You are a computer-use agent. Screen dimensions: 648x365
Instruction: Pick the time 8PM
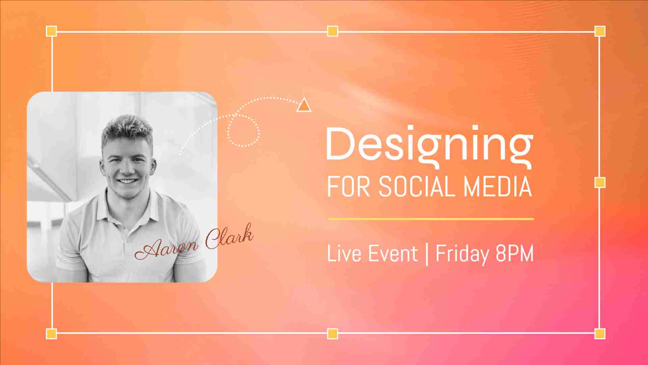click(x=515, y=253)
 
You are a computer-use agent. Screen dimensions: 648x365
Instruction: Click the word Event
click(x=393, y=253)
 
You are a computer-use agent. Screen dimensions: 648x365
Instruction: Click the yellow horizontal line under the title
click(x=431, y=219)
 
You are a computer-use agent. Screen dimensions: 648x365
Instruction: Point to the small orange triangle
click(x=304, y=105)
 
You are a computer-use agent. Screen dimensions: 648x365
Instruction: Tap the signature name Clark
click(x=230, y=237)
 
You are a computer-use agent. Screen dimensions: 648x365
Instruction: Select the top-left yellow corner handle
click(x=51, y=31)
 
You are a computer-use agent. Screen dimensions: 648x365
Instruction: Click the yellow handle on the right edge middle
click(x=600, y=182)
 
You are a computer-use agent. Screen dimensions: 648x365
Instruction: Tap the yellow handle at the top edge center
click(x=332, y=31)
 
